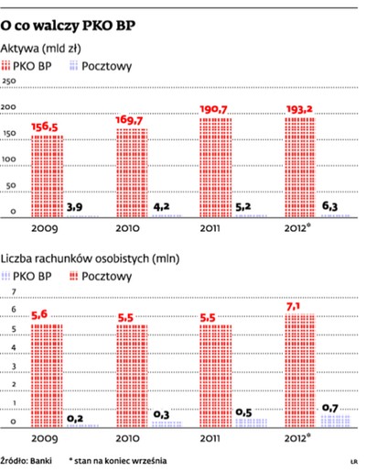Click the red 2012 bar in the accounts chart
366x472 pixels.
point(301,371)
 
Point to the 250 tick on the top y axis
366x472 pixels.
point(11,82)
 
